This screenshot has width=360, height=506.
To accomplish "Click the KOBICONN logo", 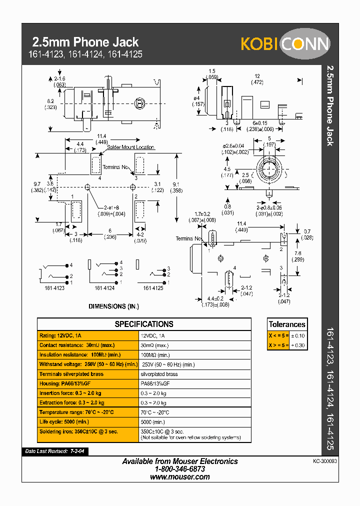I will click(285, 44).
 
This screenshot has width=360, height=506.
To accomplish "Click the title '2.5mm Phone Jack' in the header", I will click(85, 42).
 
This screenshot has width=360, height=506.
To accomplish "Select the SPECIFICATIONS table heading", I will click(144, 324).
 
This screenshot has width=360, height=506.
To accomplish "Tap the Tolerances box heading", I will click(287, 324).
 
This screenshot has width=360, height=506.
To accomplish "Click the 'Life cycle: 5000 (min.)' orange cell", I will click(88, 421).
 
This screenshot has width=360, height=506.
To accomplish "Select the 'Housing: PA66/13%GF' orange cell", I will click(88, 383).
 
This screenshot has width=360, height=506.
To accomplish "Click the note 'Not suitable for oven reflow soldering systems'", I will click(191, 437).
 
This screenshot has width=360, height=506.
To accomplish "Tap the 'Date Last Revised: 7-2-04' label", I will click(55, 451).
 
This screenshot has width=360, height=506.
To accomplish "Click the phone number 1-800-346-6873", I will click(180, 469).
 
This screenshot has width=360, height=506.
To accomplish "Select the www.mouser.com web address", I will click(180, 477).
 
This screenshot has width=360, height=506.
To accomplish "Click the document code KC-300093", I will click(325, 461).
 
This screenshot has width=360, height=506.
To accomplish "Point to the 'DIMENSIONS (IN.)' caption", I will click(114, 306).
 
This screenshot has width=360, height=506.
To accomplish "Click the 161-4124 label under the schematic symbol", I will click(104, 288).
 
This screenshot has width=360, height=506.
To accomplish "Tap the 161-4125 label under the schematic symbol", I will click(153, 288).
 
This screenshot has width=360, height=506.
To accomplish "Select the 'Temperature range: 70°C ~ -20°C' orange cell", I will click(88, 412).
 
